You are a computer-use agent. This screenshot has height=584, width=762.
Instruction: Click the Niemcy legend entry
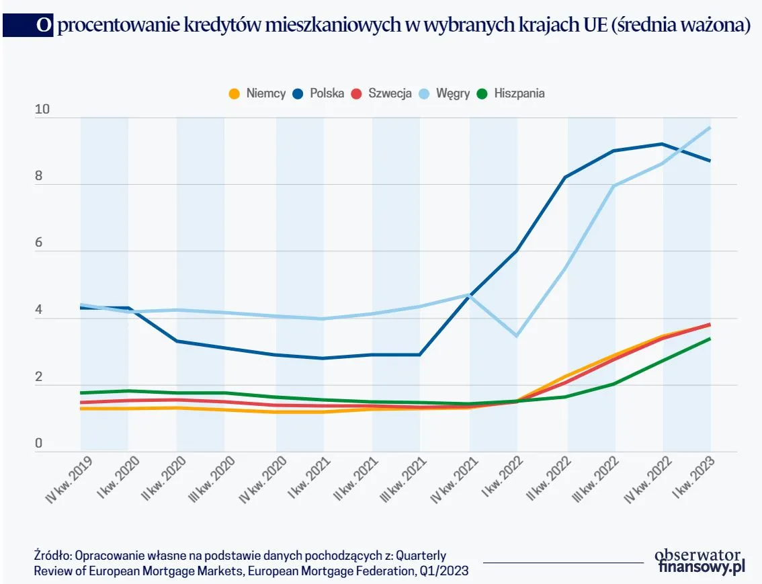pyautogui.click(x=258, y=93)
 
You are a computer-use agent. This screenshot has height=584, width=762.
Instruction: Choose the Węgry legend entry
pyautogui.click(x=445, y=93)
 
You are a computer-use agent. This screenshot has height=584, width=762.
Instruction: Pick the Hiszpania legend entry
pyautogui.click(x=511, y=93)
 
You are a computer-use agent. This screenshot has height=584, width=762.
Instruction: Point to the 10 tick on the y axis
pyautogui.click(x=42, y=110)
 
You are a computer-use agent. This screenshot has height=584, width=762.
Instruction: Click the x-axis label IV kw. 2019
pyautogui.click(x=69, y=479)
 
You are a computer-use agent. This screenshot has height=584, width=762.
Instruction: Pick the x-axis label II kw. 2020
pyautogui.click(x=165, y=479)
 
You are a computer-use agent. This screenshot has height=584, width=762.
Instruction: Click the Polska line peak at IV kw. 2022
pyautogui.click(x=663, y=144)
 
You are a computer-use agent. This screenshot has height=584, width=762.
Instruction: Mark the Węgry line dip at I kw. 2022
pyautogui.click(x=516, y=335)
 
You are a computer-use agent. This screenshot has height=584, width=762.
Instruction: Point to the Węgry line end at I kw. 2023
pyautogui.click(x=710, y=128)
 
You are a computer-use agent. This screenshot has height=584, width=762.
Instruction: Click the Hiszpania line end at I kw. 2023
pyautogui.click(x=710, y=339)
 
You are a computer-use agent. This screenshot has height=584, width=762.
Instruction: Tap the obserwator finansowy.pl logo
pyautogui.click(x=700, y=562)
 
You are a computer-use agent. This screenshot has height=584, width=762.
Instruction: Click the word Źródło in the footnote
pyautogui.click(x=51, y=556)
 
